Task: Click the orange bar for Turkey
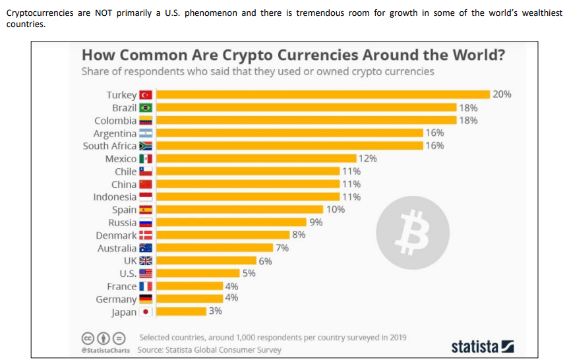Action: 322,94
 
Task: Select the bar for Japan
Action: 181,311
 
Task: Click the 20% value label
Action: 502,94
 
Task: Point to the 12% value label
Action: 368,158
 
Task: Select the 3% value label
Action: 215,311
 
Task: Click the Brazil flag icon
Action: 146,107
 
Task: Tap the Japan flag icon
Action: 146,312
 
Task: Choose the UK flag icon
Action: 146,261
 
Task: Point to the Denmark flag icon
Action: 146,235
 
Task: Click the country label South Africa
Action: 109,146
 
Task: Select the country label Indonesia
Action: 115,197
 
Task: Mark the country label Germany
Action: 116,299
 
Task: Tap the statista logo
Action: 482,346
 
